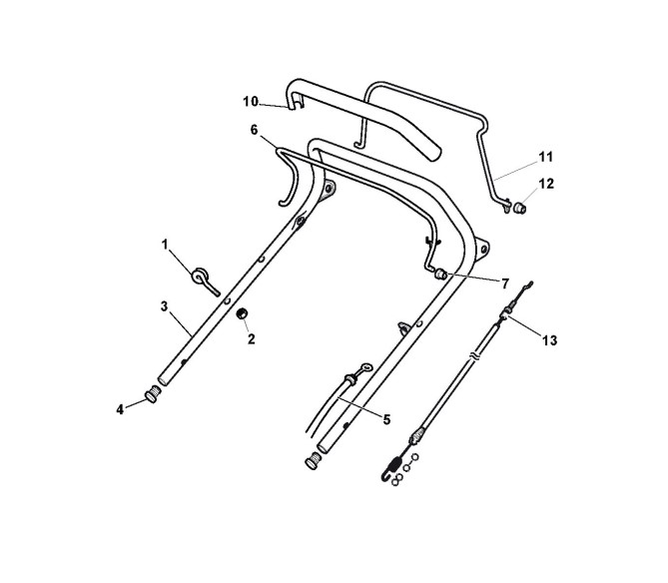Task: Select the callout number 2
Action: tap(251, 339)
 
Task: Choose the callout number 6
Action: tap(254, 130)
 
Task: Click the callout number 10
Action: tap(251, 101)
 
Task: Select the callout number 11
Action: tap(545, 157)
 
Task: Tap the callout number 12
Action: tap(545, 182)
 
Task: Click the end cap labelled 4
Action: tap(154, 395)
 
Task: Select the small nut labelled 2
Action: tap(241, 316)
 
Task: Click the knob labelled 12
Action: tap(519, 208)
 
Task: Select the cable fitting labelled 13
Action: tap(507, 317)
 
